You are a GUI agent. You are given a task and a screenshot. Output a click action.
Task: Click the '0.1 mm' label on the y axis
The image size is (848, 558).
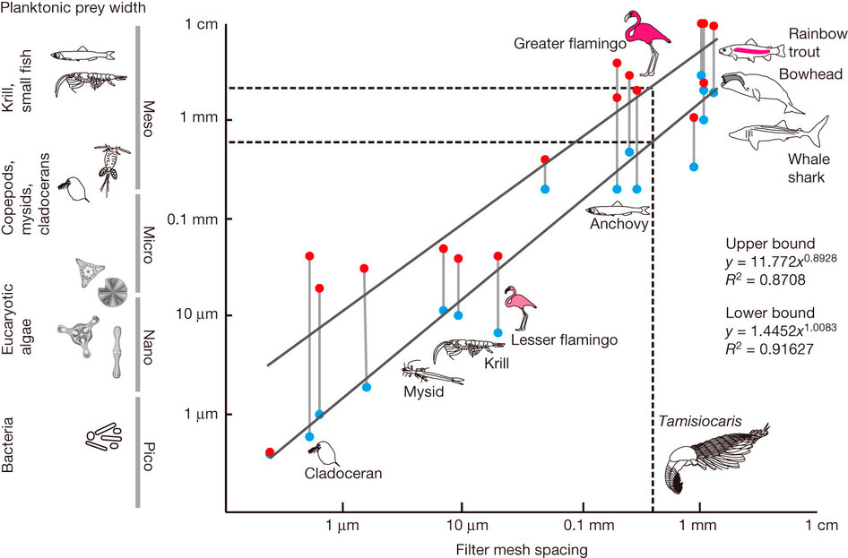tap(195, 218)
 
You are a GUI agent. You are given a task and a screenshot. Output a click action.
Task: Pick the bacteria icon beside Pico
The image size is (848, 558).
tap(103, 436)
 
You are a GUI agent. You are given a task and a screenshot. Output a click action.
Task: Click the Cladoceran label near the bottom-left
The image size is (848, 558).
tap(342, 474)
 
